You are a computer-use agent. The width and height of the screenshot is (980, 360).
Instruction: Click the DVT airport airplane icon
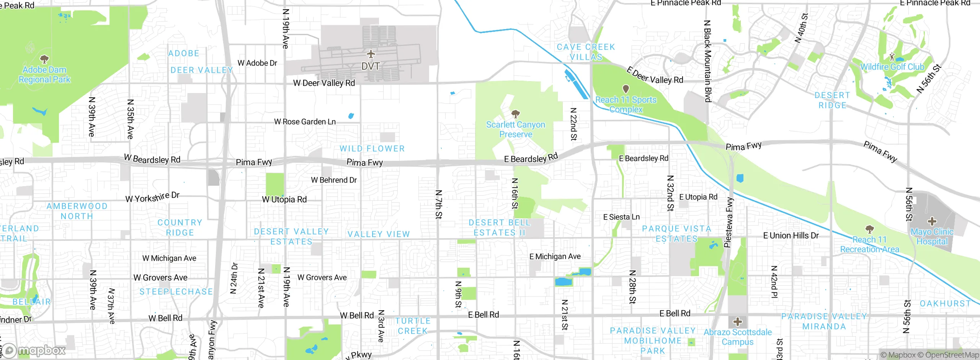[371, 54]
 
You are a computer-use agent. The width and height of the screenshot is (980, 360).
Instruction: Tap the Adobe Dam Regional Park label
[44, 75]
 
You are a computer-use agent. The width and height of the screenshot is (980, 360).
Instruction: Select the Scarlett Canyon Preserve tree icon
[515, 114]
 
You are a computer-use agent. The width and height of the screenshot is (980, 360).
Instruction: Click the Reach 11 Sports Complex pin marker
[626, 89]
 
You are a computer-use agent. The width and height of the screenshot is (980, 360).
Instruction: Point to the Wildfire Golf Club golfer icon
[892, 57]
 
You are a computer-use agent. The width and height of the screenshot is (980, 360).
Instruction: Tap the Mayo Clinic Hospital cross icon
[932, 221]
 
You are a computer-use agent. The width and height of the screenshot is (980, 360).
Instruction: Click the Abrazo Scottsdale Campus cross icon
[737, 321]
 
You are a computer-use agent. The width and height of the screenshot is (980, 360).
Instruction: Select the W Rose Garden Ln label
[305, 122]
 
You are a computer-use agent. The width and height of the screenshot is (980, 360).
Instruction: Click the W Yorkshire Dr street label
[152, 197]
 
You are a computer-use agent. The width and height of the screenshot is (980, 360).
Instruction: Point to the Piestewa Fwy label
[729, 222]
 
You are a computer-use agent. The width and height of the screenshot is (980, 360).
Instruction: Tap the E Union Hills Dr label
[791, 236]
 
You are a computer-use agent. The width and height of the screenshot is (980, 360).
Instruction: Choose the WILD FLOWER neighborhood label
[372, 149]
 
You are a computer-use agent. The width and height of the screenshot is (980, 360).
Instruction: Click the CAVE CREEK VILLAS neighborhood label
[586, 52]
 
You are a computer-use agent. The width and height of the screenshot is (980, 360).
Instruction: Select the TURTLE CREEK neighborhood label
[413, 326]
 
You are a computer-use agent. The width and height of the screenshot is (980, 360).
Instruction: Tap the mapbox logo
[34, 350]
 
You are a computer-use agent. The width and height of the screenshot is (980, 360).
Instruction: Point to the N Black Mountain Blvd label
[707, 61]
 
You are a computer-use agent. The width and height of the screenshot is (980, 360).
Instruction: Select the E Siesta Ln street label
[621, 217]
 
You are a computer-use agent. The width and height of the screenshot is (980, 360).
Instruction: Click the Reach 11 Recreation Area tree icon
[869, 229]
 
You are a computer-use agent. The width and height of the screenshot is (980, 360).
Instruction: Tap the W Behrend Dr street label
[333, 180]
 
